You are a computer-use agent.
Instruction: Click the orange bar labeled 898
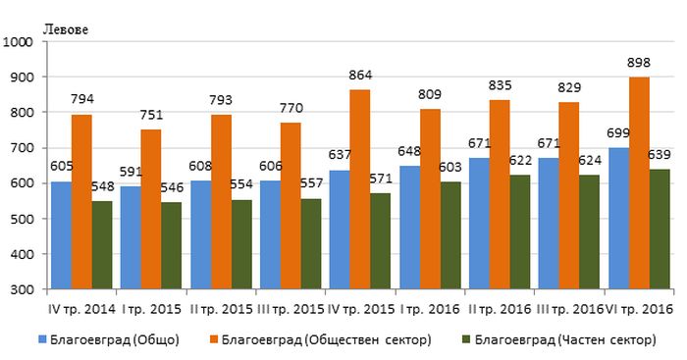coord(639,183)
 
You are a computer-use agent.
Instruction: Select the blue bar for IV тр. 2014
coord(61,235)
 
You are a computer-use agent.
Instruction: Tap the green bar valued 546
coord(172,245)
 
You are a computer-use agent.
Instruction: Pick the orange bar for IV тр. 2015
coord(360,189)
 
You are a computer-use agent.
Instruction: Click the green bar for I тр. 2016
coord(450,235)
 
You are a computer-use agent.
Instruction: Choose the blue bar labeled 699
coord(618,219)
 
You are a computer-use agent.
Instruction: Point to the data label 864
coord(360,76)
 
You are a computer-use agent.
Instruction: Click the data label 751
coord(151,115)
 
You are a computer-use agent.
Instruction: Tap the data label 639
coord(659,155)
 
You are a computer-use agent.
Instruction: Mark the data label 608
coord(200,167)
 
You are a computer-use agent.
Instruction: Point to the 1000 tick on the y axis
coord(18,42)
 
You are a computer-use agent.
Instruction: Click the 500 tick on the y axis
coord(22,219)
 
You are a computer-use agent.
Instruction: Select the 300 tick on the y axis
coord(22,289)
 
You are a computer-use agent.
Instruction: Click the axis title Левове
coord(66,29)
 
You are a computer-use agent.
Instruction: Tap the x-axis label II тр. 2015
coord(222,310)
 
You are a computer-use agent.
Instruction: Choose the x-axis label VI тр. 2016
coord(639,310)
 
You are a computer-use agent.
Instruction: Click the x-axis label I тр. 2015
coord(151,310)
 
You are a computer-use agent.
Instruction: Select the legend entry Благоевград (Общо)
coord(109,339)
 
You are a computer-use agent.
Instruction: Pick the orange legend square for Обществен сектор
coord(214,339)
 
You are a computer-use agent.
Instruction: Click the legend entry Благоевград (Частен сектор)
coord(559,339)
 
